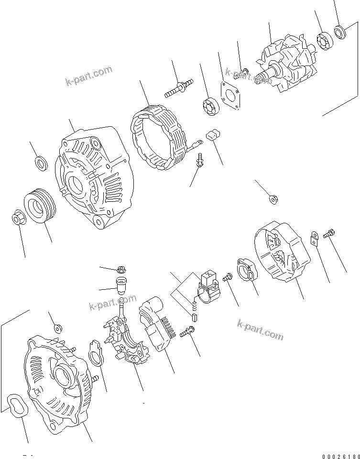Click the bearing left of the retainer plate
click(x=209, y=106)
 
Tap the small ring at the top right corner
click(x=341, y=32)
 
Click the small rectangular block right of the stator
click(x=213, y=136)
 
